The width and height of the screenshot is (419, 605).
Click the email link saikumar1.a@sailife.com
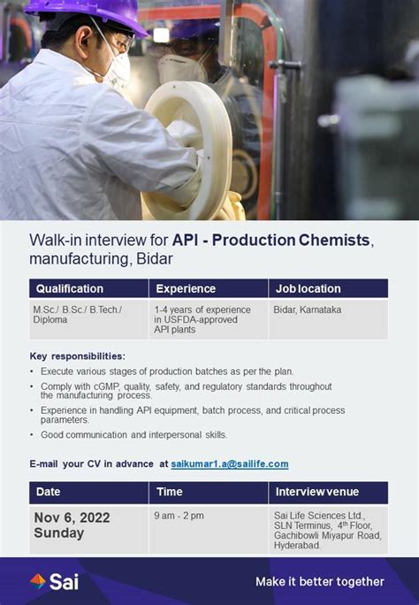coord(230,463)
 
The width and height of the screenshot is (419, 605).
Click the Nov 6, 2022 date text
coord(72,517)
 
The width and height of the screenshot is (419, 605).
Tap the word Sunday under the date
coord(59,532)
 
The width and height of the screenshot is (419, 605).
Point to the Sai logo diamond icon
coord(38,581)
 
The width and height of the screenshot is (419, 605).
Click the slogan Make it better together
coord(320,581)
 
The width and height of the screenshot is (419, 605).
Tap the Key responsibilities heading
coord(78,356)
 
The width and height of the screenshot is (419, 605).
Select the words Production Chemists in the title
coord(291,240)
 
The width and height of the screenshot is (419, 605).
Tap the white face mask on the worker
coord(118,71)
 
